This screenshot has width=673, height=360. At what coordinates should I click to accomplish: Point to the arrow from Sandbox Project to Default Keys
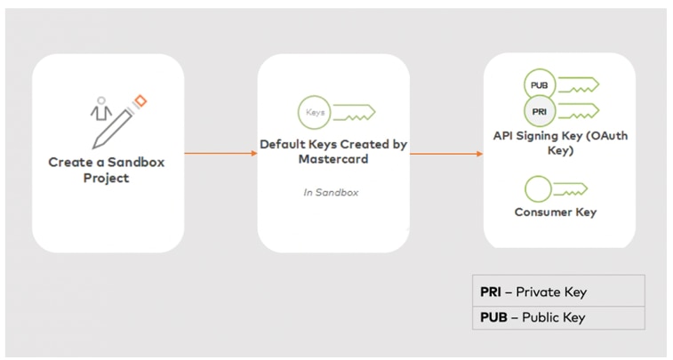(x=220, y=154)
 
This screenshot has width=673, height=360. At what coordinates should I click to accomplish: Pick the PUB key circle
(x=538, y=86)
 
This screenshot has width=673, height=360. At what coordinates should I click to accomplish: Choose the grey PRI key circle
(x=538, y=113)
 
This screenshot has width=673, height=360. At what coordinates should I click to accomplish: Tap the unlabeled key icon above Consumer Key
(x=539, y=189)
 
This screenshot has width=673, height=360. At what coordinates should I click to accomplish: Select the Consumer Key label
(x=555, y=212)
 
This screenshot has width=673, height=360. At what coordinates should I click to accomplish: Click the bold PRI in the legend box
(x=491, y=292)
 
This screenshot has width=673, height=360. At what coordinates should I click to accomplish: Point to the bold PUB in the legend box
(x=493, y=317)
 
